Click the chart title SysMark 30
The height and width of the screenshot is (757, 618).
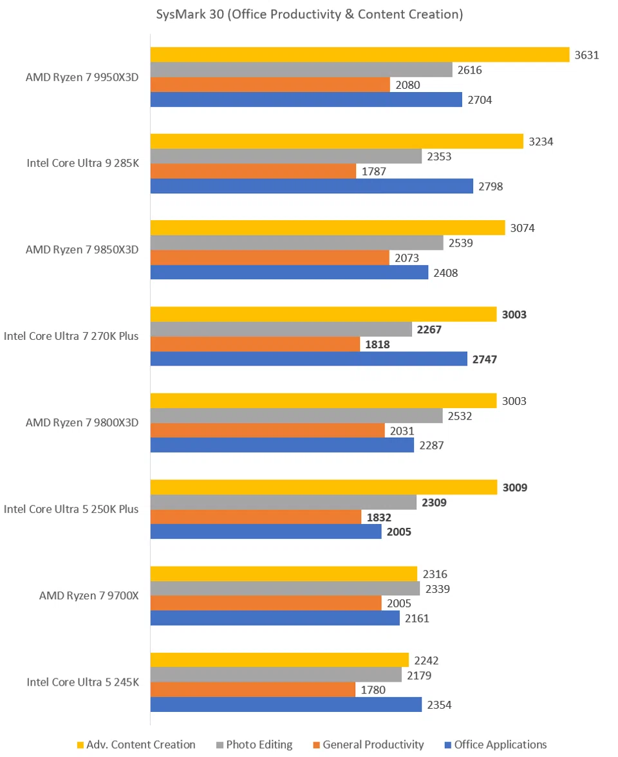(309, 14)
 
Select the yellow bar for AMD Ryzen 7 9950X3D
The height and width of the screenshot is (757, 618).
(360, 55)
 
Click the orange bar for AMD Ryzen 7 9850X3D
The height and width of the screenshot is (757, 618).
(270, 257)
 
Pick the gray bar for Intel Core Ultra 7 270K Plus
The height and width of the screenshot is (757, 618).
(281, 329)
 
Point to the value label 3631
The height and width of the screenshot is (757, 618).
(587, 55)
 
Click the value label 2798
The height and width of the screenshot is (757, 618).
(490, 187)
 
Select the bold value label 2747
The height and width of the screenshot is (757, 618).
(485, 359)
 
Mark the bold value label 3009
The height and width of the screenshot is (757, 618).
(514, 487)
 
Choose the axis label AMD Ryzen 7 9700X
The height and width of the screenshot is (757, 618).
(89, 595)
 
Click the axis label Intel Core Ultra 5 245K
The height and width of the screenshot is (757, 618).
(82, 682)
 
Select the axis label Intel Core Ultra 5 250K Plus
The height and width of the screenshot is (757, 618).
(71, 509)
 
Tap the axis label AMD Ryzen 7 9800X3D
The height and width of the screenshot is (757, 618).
(82, 422)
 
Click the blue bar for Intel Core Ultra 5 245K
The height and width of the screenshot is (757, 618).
(286, 704)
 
